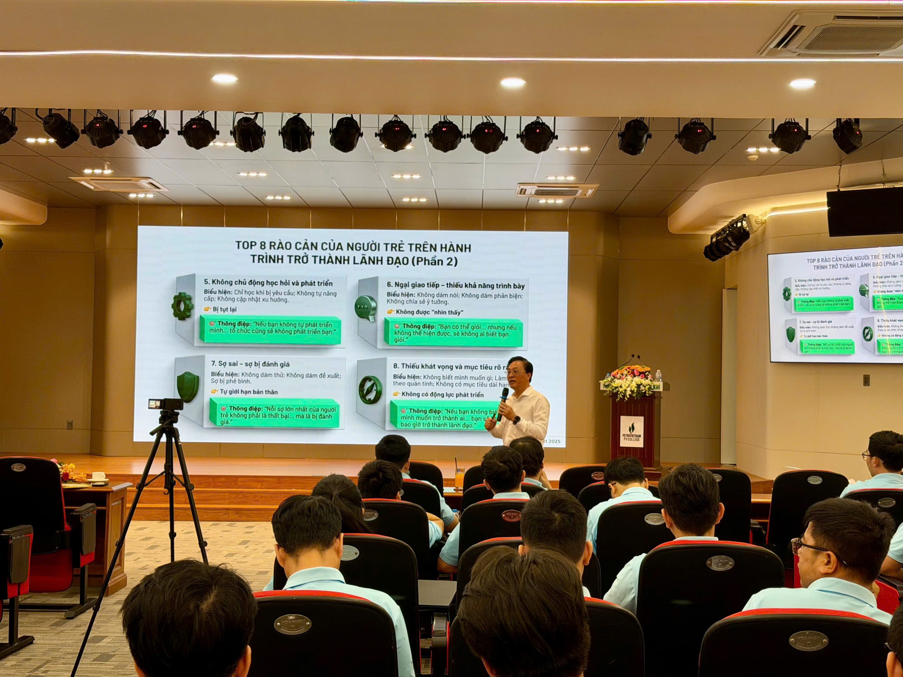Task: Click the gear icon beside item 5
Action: (x=181, y=306)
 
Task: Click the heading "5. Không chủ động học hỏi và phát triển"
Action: (x=268, y=283)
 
